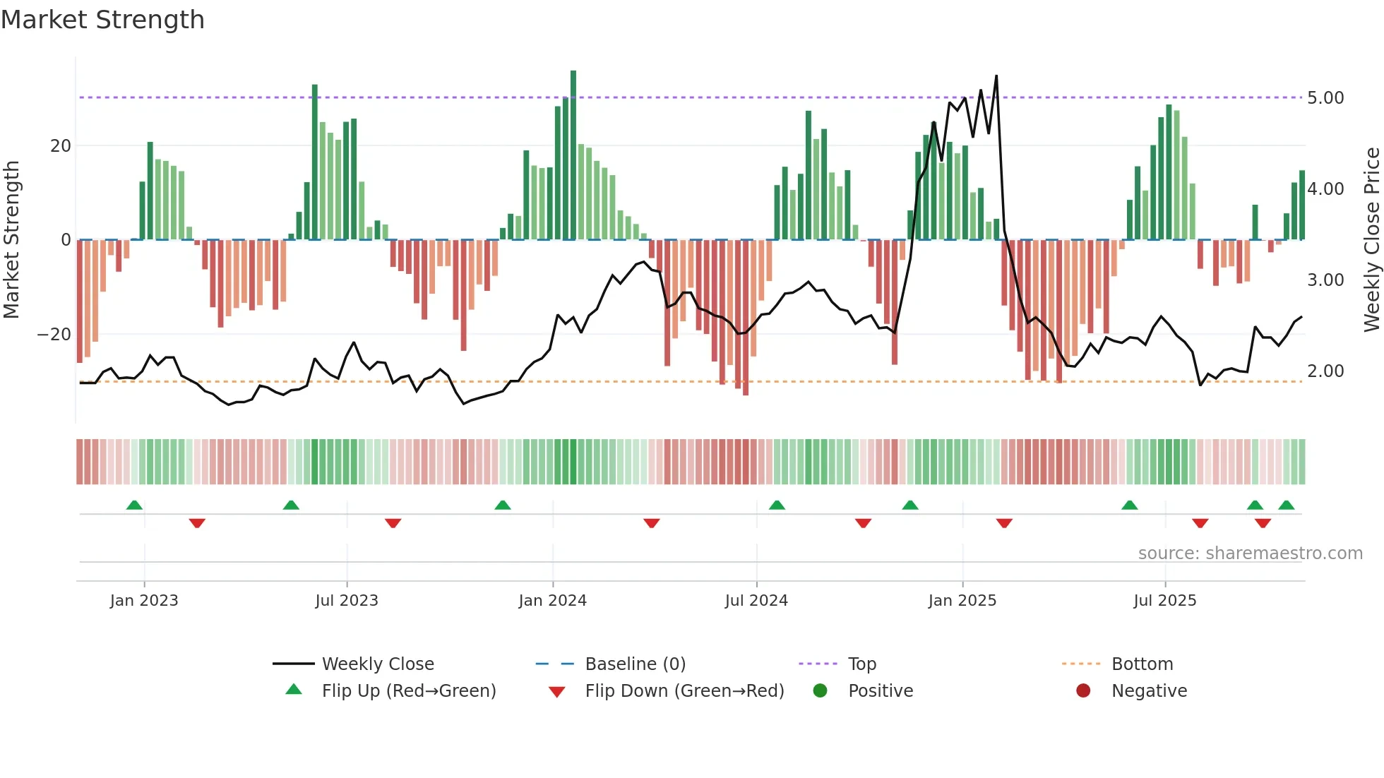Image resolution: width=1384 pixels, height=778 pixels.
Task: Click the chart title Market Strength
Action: pyautogui.click(x=102, y=20)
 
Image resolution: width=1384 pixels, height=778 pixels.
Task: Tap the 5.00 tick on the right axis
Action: pyautogui.click(x=1325, y=98)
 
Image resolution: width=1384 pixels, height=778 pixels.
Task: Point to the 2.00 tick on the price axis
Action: pyautogui.click(x=1325, y=371)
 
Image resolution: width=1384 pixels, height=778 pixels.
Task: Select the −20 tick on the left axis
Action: pyautogui.click(x=54, y=335)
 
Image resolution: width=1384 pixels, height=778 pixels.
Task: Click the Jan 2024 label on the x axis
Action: pyautogui.click(x=552, y=601)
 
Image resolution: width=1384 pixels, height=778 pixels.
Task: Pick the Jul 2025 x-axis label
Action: pyautogui.click(x=1164, y=601)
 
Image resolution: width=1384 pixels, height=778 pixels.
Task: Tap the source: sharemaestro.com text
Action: pyautogui.click(x=1250, y=553)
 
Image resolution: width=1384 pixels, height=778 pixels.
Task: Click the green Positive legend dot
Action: pyautogui.click(x=820, y=690)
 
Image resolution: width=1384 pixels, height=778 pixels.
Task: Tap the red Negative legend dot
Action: pyautogui.click(x=1083, y=690)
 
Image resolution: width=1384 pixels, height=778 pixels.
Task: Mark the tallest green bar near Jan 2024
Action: pyautogui.click(x=573, y=155)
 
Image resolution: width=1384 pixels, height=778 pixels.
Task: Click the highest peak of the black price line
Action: pyautogui.click(x=996, y=76)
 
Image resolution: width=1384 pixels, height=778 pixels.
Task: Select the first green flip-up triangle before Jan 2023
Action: pyautogui.click(x=134, y=505)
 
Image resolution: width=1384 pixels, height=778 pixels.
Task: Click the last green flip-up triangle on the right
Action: pyautogui.click(x=1286, y=505)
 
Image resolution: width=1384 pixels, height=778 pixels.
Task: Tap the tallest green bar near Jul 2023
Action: pyautogui.click(x=315, y=162)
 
